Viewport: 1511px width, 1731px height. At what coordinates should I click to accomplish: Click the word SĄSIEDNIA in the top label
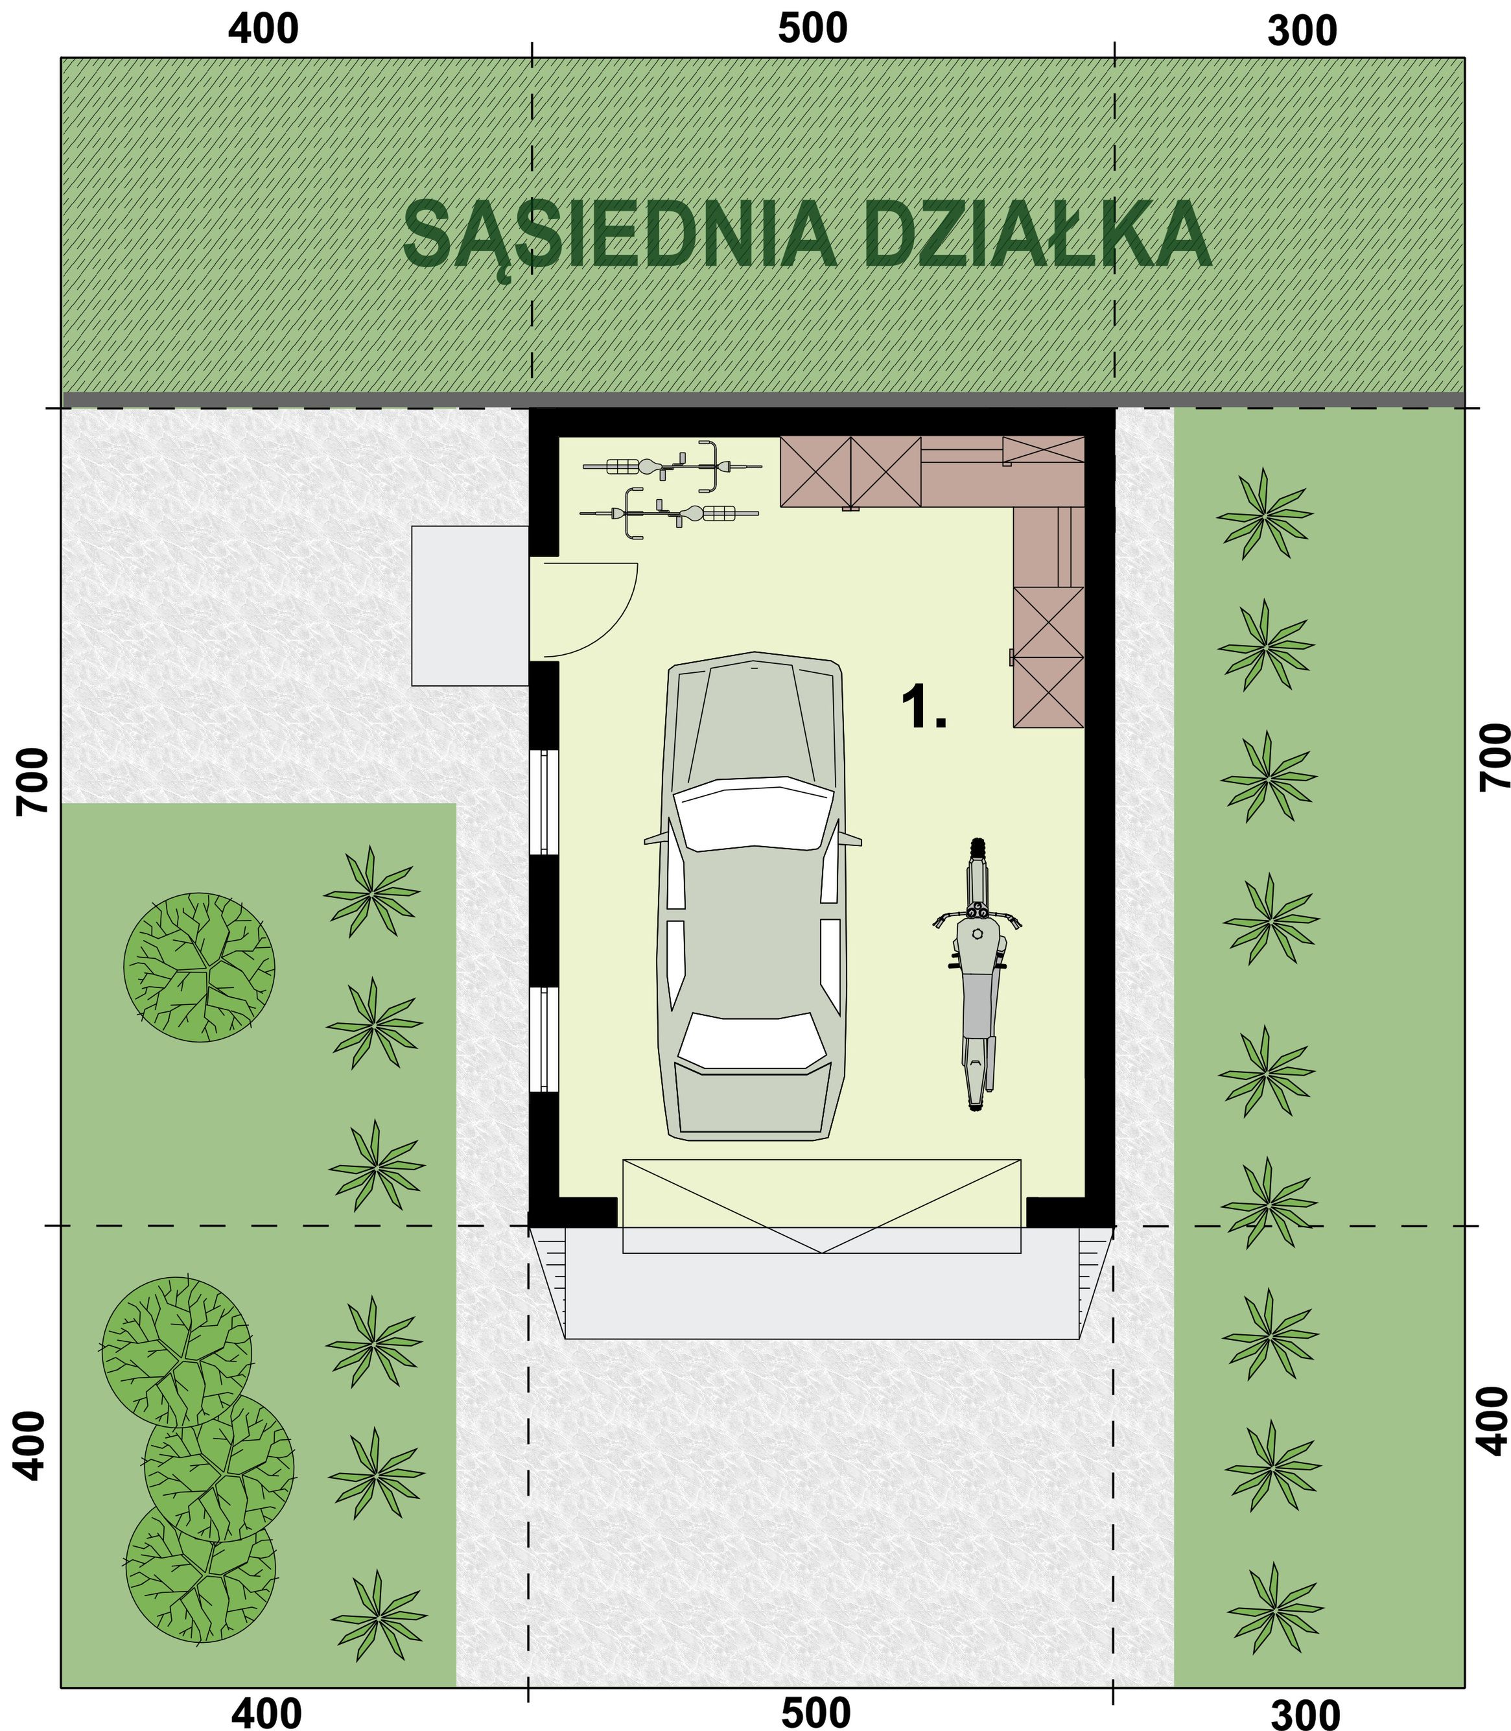click(620, 236)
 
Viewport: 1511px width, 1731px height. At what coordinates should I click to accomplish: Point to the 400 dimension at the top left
click(264, 30)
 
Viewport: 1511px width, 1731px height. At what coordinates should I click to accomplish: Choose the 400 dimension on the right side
click(1492, 1420)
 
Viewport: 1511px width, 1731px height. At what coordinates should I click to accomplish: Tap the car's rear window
click(752, 1042)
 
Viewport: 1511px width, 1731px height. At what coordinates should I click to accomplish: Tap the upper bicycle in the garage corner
click(672, 465)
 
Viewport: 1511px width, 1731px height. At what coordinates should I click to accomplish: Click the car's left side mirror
click(653, 840)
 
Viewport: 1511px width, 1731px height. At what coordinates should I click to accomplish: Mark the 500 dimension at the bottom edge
click(815, 1708)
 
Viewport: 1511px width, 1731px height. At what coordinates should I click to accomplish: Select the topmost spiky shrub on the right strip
click(1264, 513)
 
